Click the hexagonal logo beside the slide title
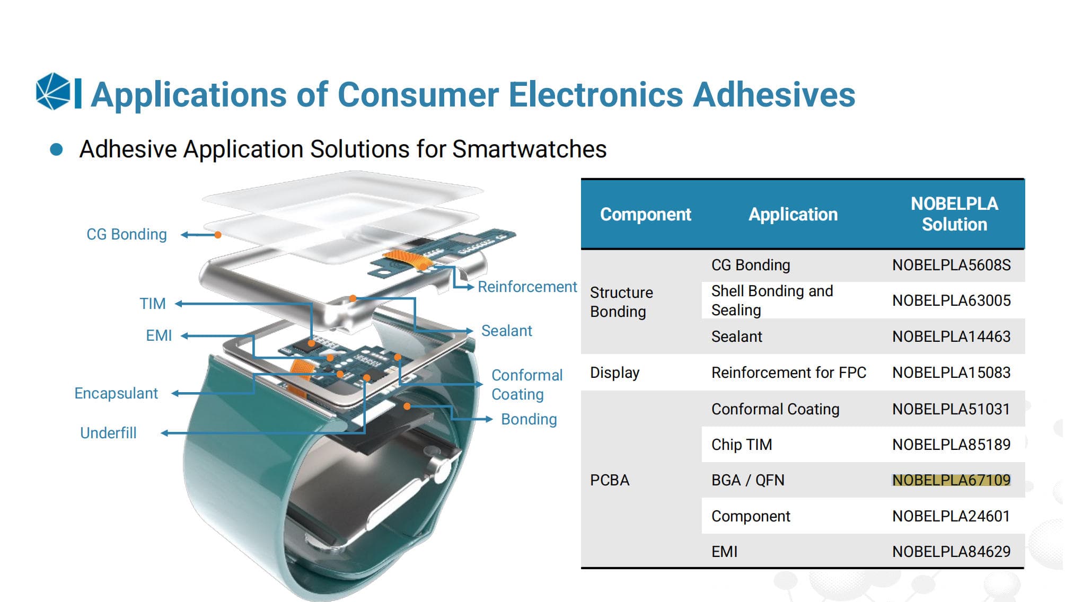[53, 91]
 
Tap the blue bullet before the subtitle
[56, 149]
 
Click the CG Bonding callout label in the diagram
[127, 234]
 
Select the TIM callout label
[153, 304]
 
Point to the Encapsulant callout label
[116, 393]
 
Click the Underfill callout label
[108, 433]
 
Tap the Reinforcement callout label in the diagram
[527, 287]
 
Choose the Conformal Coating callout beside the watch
[527, 385]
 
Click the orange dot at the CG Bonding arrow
[217, 235]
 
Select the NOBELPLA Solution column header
[954, 214]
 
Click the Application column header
[793, 214]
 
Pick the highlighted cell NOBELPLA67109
[952, 480]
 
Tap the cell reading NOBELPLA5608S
[952, 265]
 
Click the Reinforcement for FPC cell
[789, 373]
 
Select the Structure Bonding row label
[621, 302]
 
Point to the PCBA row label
[610, 480]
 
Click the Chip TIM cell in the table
[742, 445]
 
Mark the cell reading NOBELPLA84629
[952, 552]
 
